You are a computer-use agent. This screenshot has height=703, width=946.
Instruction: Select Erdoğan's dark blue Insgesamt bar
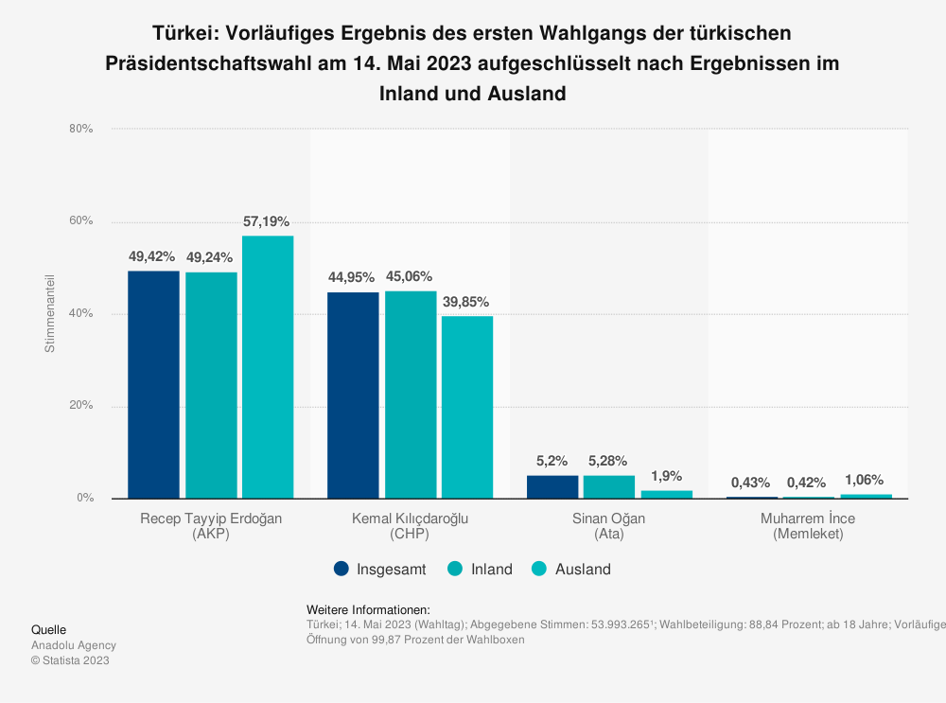(153, 384)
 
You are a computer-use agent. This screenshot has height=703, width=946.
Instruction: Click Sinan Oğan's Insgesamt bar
(552, 486)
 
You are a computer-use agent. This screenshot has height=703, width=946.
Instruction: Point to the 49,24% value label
(210, 256)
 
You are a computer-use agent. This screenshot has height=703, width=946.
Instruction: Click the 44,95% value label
(352, 277)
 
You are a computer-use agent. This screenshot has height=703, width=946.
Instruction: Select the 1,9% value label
(666, 476)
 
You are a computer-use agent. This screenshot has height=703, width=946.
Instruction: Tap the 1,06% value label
(866, 480)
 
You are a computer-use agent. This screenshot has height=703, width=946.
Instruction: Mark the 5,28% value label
(609, 461)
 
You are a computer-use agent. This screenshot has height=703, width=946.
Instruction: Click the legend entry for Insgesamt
(380, 570)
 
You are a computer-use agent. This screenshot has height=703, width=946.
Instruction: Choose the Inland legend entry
(481, 570)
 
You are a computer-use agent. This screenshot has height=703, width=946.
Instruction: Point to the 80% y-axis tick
(81, 129)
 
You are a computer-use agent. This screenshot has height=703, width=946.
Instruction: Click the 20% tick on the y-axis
(81, 406)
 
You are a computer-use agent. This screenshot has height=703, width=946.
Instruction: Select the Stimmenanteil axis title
(50, 313)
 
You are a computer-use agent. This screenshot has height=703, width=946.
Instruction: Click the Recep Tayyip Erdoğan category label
(211, 526)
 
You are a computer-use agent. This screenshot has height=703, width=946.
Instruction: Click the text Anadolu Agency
(74, 645)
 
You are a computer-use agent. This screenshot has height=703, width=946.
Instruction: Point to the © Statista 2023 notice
(70, 660)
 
